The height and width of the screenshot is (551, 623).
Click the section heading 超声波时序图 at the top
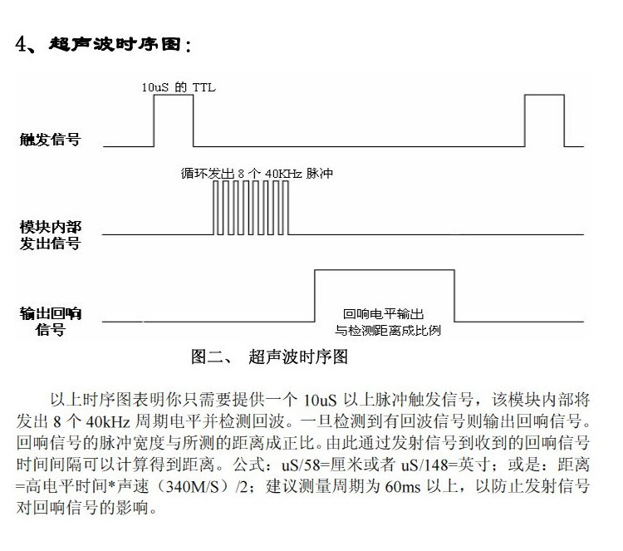pos(115,44)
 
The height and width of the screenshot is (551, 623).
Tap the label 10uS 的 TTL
pos(179,87)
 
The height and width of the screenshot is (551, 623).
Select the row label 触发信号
pos(50,139)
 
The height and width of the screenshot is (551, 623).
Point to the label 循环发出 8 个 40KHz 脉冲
pos(257,174)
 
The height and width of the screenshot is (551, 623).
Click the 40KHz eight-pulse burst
pos(251,208)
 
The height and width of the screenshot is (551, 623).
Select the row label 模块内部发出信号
pos(51,235)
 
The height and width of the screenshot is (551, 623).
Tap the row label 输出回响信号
pos(51,322)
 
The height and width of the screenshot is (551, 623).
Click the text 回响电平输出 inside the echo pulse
pos(384,314)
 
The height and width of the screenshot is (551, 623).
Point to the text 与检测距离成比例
pos(388,330)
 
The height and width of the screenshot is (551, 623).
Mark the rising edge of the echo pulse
pos(315,296)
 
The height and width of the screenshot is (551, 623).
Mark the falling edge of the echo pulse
pos(454,296)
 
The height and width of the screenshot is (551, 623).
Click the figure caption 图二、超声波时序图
pos(269,357)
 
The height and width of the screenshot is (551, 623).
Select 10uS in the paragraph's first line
pos(320,400)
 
